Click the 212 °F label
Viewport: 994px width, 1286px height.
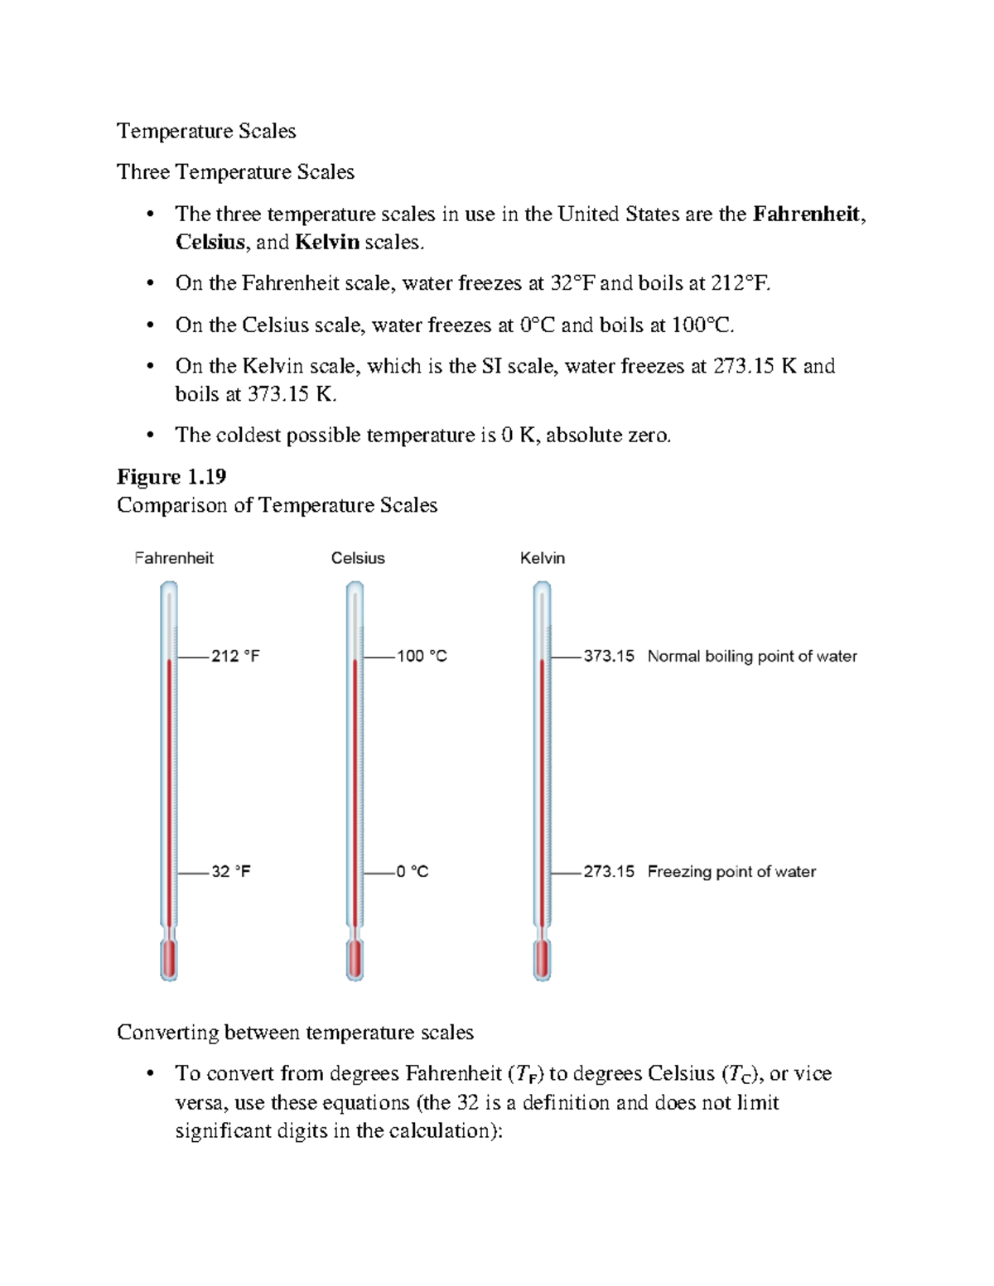click(x=235, y=656)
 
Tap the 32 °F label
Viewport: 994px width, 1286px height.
click(x=231, y=871)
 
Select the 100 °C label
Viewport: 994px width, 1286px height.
click(x=422, y=656)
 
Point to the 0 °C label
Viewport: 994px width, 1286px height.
click(x=413, y=871)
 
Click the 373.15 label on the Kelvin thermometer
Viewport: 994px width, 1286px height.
click(x=609, y=656)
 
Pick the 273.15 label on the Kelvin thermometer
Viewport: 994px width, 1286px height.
click(x=609, y=871)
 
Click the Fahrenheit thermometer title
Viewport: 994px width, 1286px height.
click(x=174, y=558)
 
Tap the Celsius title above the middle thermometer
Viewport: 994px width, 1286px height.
click(x=358, y=558)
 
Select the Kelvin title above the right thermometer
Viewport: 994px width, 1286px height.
click(x=543, y=558)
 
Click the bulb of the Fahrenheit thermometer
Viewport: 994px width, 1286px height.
click(x=169, y=961)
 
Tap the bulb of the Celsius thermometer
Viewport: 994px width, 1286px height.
click(x=355, y=961)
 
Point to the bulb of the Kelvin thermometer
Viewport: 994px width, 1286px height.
click(x=543, y=961)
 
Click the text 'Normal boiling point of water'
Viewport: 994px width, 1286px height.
click(x=752, y=656)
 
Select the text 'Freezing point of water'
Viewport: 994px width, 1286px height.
click(x=731, y=871)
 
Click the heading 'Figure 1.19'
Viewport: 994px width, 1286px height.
click(x=171, y=477)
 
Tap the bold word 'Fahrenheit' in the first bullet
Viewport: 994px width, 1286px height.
click(x=806, y=214)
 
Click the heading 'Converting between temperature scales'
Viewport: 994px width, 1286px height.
click(x=295, y=1033)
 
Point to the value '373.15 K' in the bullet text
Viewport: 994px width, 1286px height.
click(x=291, y=394)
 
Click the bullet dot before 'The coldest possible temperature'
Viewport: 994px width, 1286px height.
click(x=150, y=436)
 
